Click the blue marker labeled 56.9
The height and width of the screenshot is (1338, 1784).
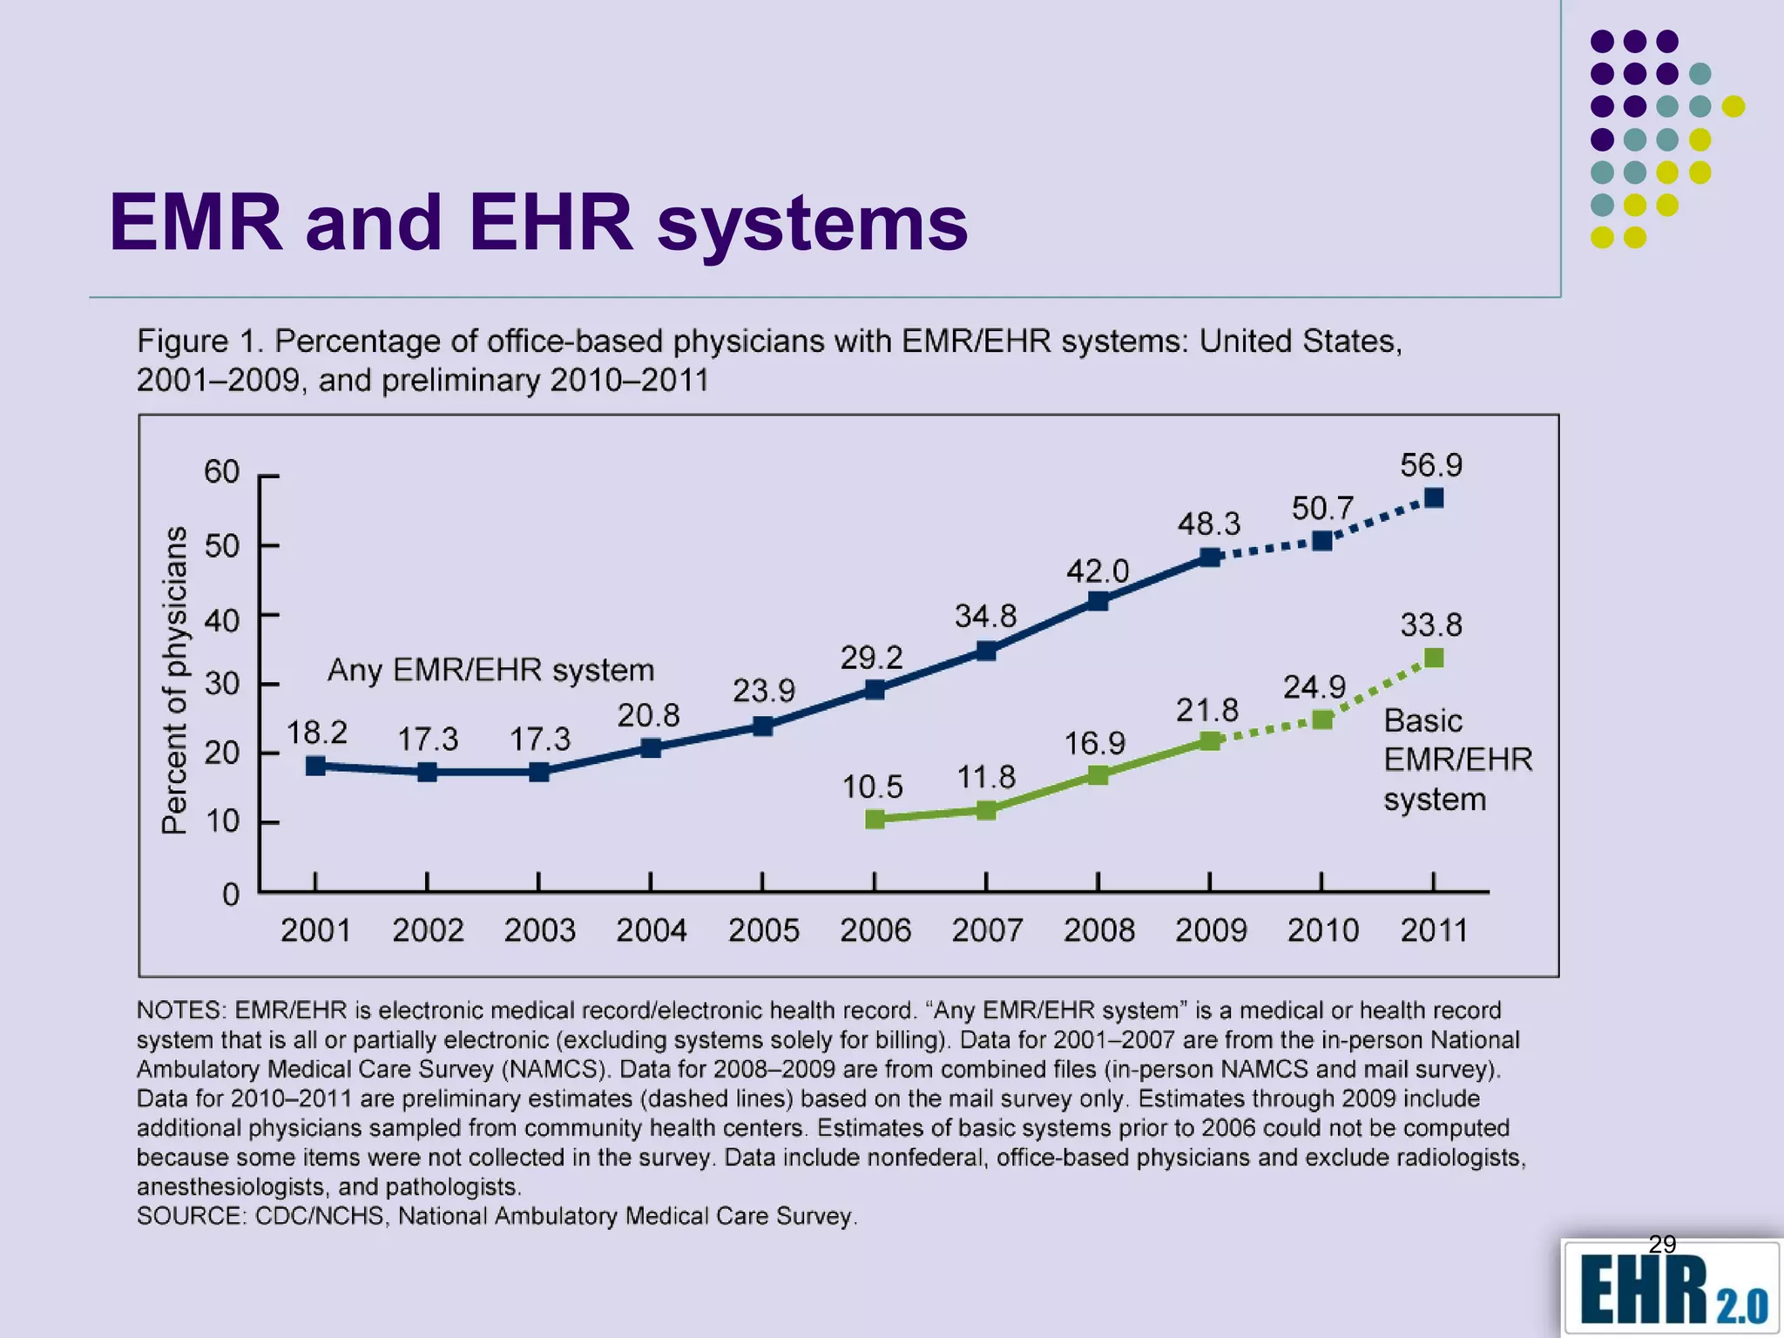[x=1434, y=498]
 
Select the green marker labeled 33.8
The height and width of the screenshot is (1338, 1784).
[x=1434, y=658]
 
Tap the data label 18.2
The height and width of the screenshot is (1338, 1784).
[x=316, y=733]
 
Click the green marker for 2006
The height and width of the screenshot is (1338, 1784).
[x=875, y=819]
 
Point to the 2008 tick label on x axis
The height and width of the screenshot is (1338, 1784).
[x=1098, y=930]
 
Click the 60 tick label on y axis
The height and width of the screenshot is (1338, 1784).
[x=221, y=472]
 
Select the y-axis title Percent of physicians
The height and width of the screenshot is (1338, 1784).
[x=175, y=679]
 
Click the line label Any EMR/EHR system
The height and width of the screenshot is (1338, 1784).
[x=490, y=670]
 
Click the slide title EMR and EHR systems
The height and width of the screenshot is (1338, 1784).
[x=537, y=223]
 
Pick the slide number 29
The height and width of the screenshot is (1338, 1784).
[x=1662, y=1244]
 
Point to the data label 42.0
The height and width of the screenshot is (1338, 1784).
[x=1098, y=571]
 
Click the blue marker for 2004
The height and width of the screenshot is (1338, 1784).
[x=651, y=747]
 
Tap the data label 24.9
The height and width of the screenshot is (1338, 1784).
[x=1314, y=687]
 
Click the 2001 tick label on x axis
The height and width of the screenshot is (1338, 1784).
[x=315, y=930]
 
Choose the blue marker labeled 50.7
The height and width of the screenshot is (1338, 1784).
[x=1321, y=541]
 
